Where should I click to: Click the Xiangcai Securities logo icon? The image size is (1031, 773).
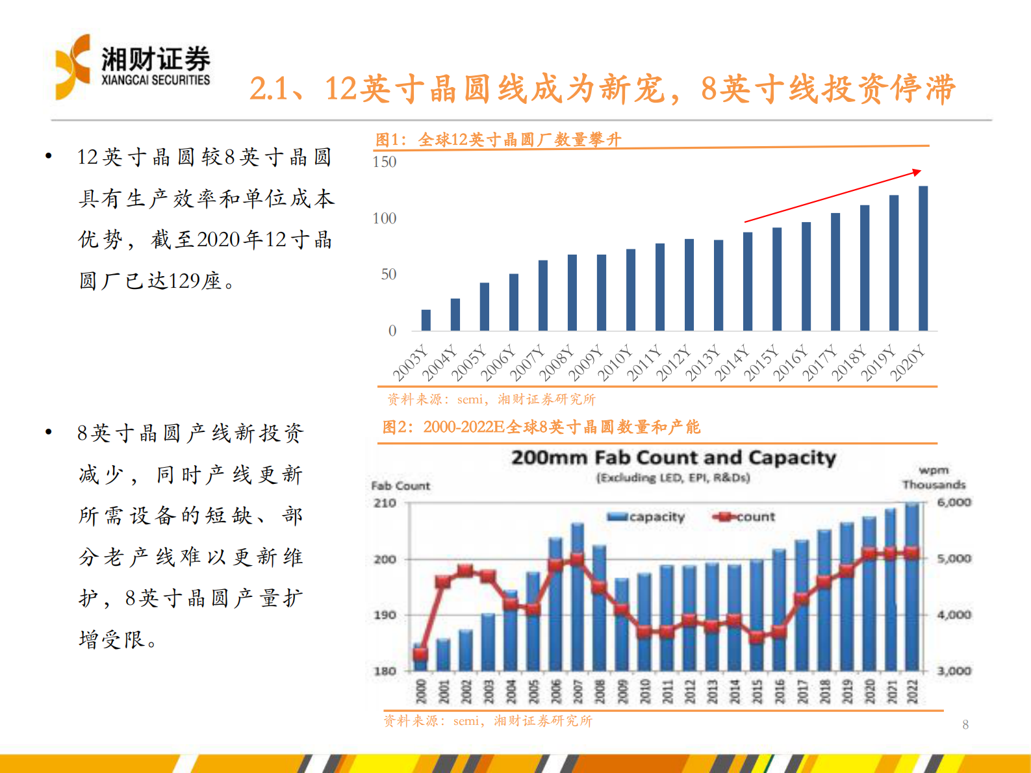click(x=72, y=67)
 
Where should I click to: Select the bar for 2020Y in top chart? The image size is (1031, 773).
click(x=923, y=259)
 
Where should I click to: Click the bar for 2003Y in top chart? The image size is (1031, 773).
click(x=426, y=320)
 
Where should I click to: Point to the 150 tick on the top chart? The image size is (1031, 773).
click(x=384, y=162)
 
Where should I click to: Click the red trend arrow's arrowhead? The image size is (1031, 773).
click(x=917, y=172)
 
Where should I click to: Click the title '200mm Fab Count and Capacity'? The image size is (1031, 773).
click(x=673, y=458)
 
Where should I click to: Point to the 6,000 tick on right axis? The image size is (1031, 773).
click(x=954, y=502)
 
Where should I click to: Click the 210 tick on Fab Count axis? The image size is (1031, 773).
click(x=385, y=503)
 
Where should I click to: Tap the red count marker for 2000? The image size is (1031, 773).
click(x=420, y=653)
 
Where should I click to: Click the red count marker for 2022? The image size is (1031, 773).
click(x=912, y=553)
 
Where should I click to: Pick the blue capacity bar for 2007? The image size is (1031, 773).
click(x=577, y=598)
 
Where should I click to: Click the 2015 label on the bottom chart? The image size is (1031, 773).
click(x=757, y=691)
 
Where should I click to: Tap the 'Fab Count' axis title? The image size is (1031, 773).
click(x=400, y=486)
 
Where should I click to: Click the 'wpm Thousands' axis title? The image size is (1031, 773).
click(x=934, y=477)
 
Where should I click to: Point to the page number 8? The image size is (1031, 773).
click(x=965, y=725)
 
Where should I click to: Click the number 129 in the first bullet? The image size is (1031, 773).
click(x=184, y=281)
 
